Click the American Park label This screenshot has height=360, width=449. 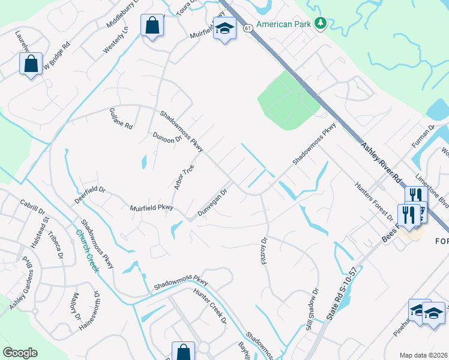(285, 25)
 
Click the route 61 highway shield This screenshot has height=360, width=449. (247, 28)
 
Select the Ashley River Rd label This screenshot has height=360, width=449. (381, 161)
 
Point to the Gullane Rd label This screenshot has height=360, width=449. (121, 119)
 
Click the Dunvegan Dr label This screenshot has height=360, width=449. (213, 204)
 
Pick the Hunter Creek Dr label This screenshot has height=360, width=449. (209, 305)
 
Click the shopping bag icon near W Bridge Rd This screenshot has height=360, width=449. (31, 63)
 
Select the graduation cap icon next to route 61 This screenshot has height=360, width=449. (224, 28)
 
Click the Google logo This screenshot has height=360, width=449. (20, 353)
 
